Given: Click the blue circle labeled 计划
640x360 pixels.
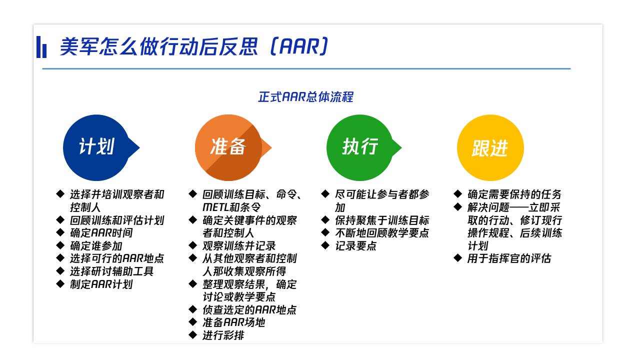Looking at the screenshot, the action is coord(96,147).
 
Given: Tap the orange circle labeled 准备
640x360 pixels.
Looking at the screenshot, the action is coord(228,147).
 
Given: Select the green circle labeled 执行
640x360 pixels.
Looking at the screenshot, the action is coord(360,147).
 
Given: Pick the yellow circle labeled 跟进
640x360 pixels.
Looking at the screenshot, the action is coord(490,147).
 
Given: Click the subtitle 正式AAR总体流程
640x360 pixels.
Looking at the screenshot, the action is coord(305,97).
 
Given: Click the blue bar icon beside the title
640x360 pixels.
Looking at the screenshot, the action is coord(41,47).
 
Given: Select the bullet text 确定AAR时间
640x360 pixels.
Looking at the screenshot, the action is coord(101,233).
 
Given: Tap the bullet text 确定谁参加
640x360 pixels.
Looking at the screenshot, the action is coord(96,245).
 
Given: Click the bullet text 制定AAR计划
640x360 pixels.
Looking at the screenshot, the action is coord(101,284).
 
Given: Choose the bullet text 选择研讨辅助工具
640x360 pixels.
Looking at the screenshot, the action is coord(111,271).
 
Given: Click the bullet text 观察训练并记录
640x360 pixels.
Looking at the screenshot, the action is coord(239,245).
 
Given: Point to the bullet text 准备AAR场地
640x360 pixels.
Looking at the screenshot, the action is coord(233,322).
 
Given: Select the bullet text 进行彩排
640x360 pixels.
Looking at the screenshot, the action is coord(223,335).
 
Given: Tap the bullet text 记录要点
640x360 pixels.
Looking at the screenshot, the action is coord(355,245).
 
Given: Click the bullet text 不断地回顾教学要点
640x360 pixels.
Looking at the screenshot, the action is coord(382,233).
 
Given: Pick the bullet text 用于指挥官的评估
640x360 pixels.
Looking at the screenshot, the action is coord(509,258).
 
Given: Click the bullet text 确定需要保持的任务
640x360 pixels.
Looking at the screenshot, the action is coord(514,194).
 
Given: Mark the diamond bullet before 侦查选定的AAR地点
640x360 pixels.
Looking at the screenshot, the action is coord(193,309).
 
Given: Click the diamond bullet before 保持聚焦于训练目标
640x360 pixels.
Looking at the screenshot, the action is coord(325,219).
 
